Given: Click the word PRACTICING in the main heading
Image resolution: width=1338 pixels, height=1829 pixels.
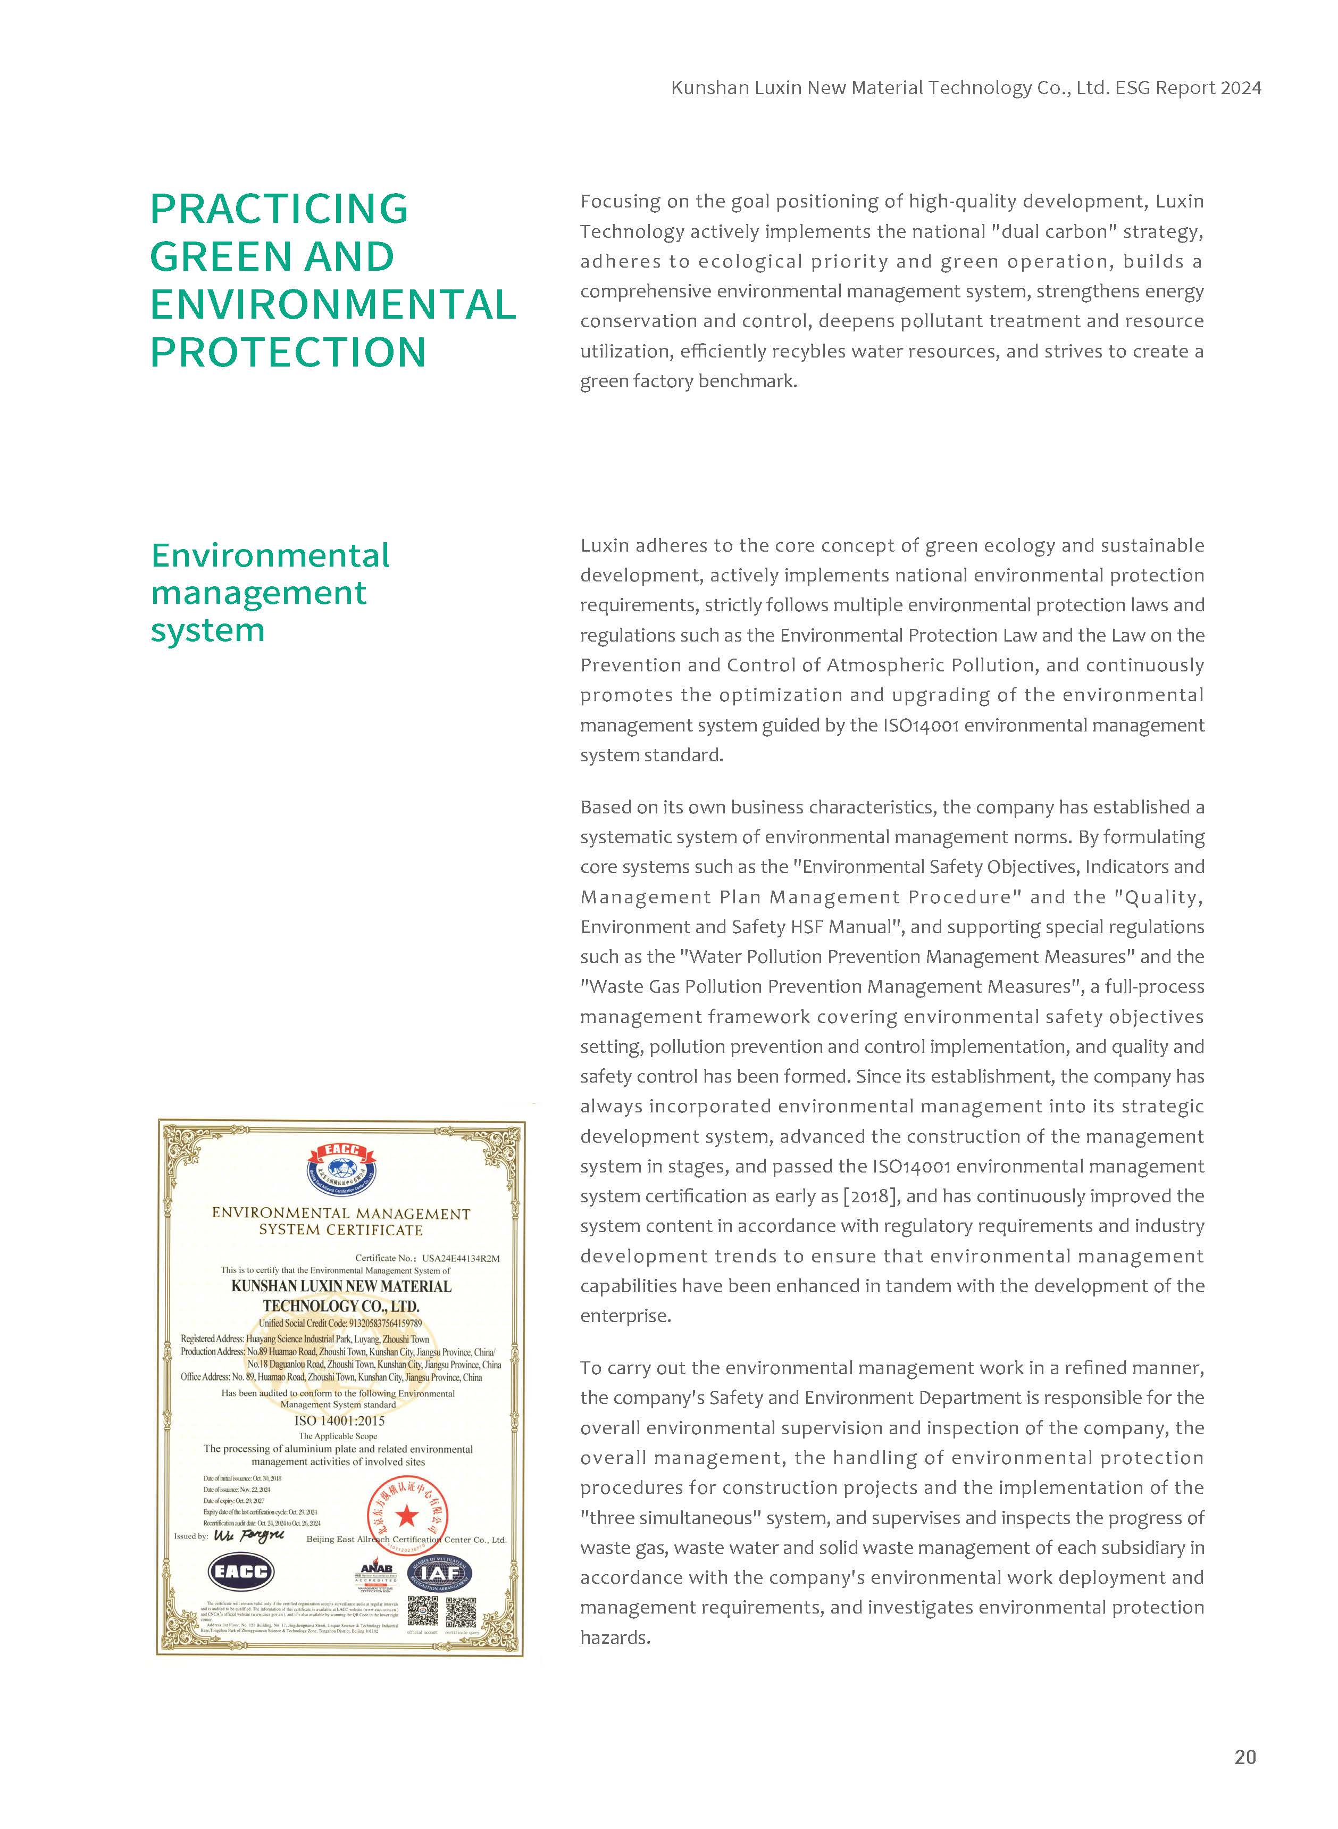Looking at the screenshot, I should point(279,209).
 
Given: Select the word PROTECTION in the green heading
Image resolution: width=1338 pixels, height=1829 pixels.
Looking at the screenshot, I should point(288,352).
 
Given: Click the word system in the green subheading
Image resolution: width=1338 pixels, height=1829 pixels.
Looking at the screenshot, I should point(208,630).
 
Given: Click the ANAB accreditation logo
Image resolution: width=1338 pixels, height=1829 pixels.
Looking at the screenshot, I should point(376,1575).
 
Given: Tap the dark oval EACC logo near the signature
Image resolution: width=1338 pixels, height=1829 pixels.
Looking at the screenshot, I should point(241,1572).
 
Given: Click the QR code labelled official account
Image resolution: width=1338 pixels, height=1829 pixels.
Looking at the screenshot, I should point(421,1612).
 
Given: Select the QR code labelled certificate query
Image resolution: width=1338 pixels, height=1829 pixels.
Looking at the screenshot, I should point(461,1612).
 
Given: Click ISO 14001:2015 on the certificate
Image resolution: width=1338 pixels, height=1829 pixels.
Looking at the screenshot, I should point(339,1421).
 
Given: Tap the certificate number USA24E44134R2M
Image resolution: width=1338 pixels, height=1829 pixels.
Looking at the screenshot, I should point(460,1258).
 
